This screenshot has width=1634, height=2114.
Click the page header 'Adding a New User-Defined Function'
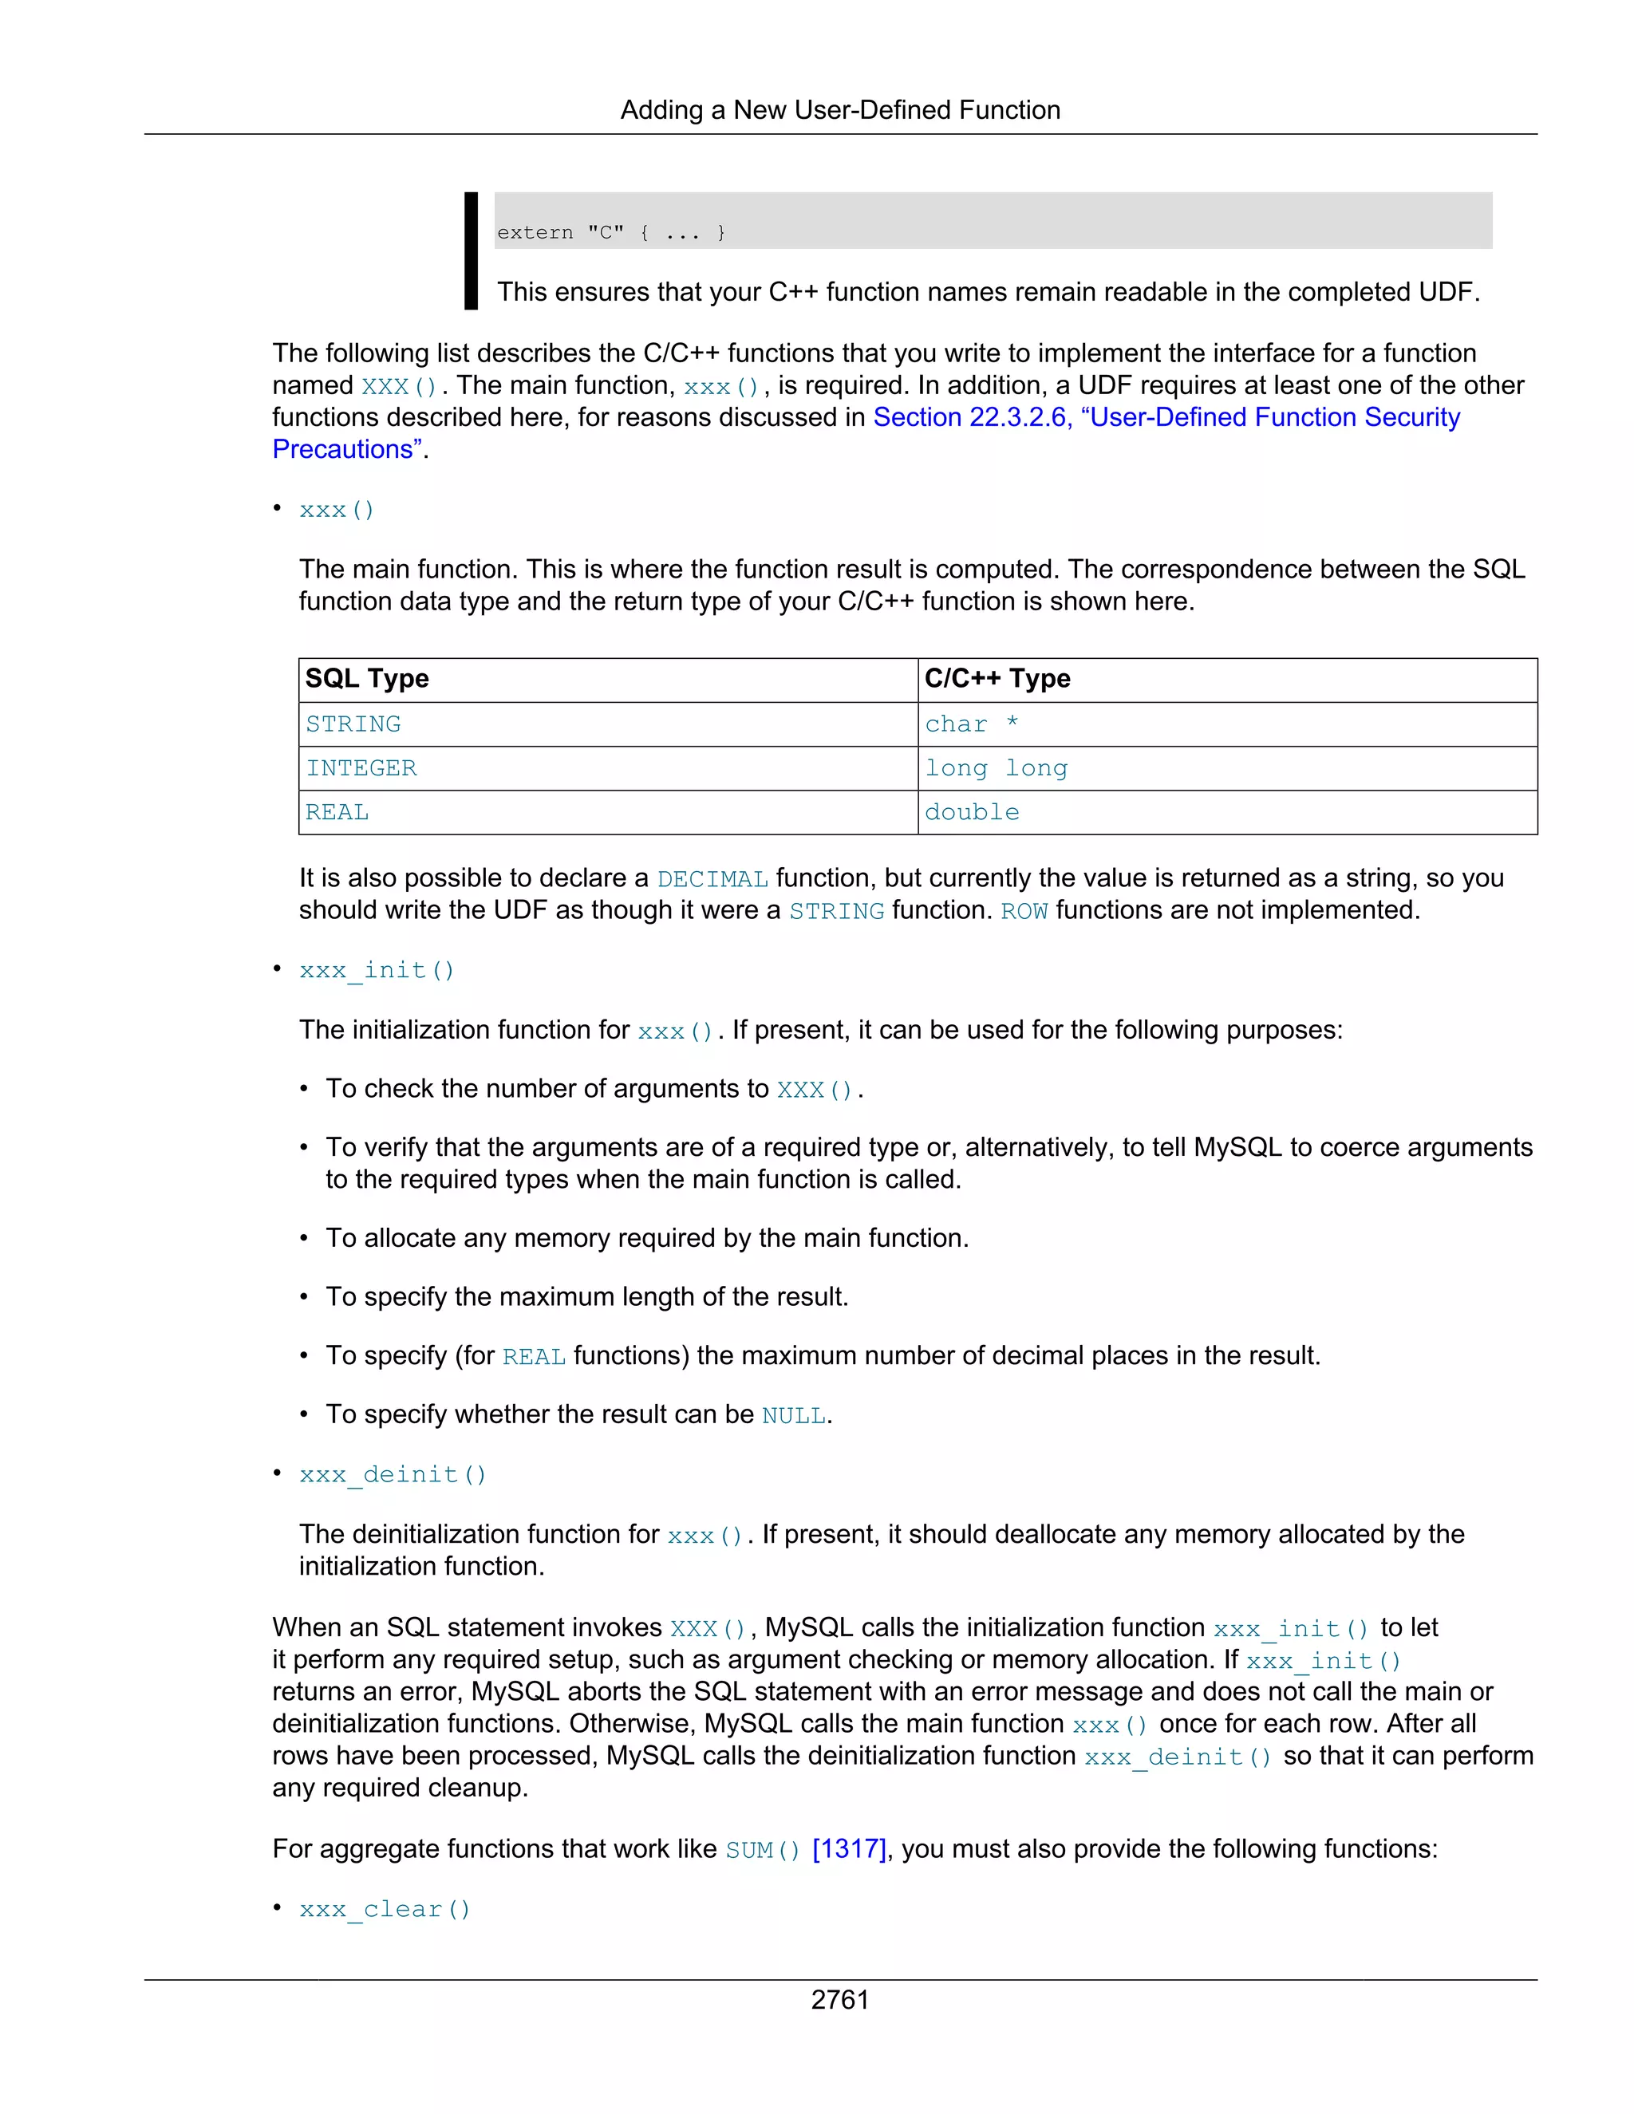[x=839, y=109]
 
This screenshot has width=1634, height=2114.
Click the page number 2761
[x=839, y=1999]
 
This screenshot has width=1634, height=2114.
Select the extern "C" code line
[x=611, y=232]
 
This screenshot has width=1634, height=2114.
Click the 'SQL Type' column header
[x=367, y=679]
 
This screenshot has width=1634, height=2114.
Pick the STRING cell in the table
[x=353, y=724]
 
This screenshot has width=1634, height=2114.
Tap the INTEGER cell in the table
[x=361, y=768]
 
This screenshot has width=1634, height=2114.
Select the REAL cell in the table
[x=337, y=812]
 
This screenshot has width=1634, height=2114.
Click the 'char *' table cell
[x=971, y=724]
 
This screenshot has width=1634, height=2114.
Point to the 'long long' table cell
[x=995, y=768]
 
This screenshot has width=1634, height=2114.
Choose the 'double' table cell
[x=971, y=812]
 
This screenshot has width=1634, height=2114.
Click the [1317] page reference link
[x=848, y=1849]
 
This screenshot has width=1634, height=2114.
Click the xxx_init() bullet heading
[x=377, y=970]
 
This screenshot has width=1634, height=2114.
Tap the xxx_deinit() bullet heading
[x=392, y=1474]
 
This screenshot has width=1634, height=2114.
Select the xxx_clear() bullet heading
[x=385, y=1909]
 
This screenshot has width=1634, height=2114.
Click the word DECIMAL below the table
[x=712, y=879]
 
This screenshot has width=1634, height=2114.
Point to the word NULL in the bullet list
[x=793, y=1415]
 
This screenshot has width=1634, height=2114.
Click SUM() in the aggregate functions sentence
[x=762, y=1850]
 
